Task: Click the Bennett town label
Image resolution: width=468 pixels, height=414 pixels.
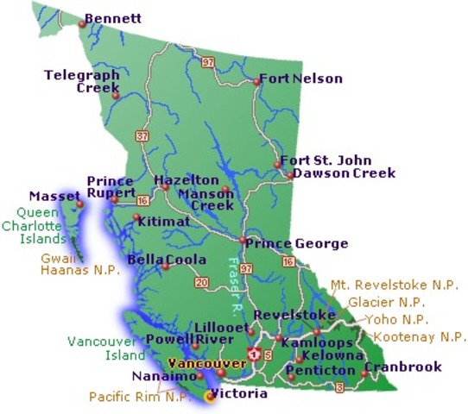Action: pos(117,18)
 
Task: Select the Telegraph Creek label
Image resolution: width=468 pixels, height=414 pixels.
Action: pos(81,81)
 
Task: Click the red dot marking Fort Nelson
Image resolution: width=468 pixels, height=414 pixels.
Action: pos(257,82)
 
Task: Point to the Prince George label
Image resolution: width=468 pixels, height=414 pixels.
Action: pos(297,243)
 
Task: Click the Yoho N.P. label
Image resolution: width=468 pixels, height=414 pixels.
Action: pos(402,319)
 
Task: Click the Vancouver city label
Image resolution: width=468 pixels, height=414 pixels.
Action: pos(197,363)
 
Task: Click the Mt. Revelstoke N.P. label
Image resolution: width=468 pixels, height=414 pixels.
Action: pos(394,285)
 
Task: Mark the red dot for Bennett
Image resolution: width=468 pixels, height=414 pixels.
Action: pos(82,24)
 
